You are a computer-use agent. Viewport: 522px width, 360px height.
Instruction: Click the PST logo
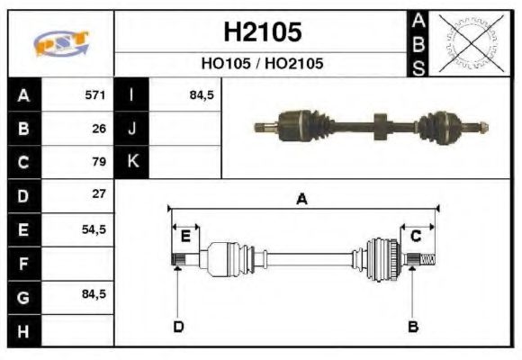[60, 43]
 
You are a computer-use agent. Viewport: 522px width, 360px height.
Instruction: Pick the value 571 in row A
[95, 95]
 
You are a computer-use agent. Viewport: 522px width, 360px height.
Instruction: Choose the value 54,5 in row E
[94, 229]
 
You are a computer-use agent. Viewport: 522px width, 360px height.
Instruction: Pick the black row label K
[131, 162]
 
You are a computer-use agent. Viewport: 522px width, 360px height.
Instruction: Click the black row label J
[131, 129]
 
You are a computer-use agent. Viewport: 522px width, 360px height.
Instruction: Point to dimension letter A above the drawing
[302, 200]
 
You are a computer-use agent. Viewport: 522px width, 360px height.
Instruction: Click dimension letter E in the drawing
[185, 237]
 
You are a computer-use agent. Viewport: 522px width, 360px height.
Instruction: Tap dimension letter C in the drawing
[417, 237]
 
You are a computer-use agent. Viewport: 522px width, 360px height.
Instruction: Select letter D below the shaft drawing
[177, 326]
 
